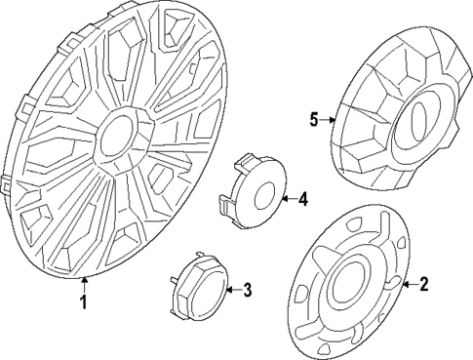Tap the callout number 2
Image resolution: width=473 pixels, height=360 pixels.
click(x=423, y=285)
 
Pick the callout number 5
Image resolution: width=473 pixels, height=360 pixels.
click(x=314, y=120)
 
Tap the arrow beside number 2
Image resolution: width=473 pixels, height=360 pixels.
click(x=408, y=285)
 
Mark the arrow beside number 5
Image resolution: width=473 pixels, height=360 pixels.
click(x=330, y=120)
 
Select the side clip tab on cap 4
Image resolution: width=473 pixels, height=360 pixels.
click(x=225, y=204)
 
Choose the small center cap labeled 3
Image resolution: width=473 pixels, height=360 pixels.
click(x=200, y=289)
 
